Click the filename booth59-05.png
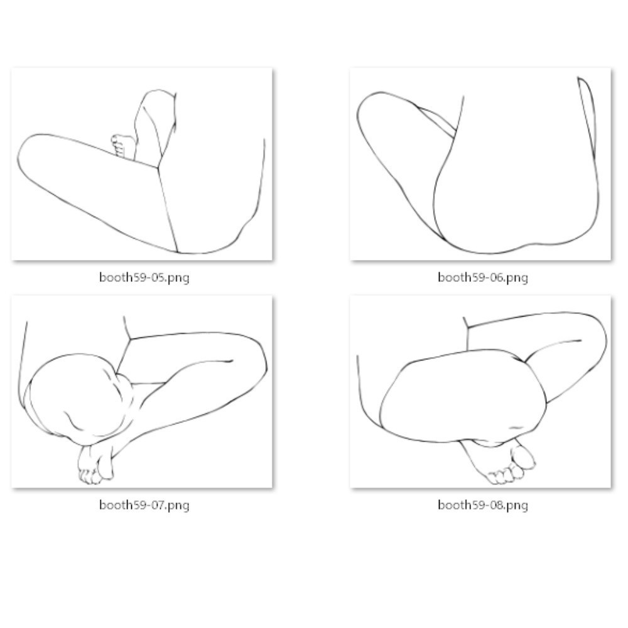[144, 278]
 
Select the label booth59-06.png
[482, 278]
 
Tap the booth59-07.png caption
[144, 505]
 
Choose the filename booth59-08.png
[482, 505]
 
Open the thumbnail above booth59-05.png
[142, 164]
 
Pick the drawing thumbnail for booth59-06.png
[480, 164]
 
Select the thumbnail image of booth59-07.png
[142, 392]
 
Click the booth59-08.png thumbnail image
[480, 392]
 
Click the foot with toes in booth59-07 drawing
[95, 465]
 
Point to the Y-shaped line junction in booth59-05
[158, 167]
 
